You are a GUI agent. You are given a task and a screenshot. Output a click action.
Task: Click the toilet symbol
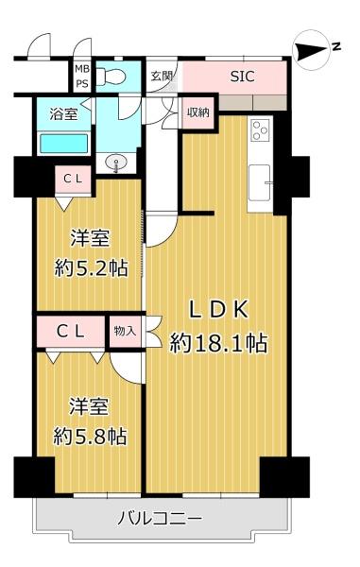[111, 76]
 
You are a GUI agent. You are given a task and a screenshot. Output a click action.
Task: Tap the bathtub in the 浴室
[63, 144]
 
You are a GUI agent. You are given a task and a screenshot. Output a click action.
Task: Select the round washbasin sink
[115, 163]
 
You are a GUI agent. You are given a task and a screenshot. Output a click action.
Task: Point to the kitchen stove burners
[260, 130]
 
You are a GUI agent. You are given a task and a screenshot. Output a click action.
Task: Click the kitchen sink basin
[260, 182]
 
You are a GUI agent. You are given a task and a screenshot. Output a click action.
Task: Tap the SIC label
[243, 77]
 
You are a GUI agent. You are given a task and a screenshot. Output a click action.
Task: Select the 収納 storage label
[198, 112]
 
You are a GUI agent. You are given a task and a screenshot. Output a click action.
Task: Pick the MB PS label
[82, 76]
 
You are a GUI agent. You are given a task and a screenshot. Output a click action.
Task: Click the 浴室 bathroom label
[63, 114]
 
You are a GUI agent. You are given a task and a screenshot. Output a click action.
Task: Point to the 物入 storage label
[125, 331]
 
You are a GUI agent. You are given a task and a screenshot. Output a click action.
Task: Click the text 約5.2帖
[91, 268]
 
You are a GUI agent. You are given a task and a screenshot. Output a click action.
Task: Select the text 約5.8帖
[90, 436]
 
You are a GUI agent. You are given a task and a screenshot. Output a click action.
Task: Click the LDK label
[218, 310]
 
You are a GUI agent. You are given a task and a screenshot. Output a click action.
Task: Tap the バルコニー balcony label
[160, 519]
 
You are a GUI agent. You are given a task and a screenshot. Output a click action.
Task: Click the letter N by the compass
[336, 46]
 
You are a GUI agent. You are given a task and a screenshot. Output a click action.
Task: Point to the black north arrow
[311, 51]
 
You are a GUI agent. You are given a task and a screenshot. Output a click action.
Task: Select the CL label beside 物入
[71, 331]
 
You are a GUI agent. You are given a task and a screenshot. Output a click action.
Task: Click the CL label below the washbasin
[73, 179]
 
